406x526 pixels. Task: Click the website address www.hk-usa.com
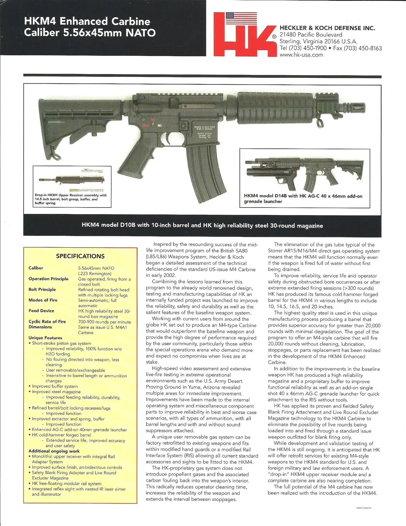click(x=301, y=55)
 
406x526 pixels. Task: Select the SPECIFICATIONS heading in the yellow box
click(x=80, y=256)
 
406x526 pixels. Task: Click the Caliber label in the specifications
click(x=36, y=268)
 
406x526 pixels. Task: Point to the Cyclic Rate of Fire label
click(x=47, y=322)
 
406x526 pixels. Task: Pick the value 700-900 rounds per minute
click(x=105, y=322)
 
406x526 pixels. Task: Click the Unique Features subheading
click(x=45, y=338)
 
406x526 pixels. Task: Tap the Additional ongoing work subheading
click(x=54, y=451)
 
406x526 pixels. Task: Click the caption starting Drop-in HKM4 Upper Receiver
click(x=70, y=199)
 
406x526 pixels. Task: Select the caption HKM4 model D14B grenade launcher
click(x=303, y=199)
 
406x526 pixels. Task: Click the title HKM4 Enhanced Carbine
click(x=87, y=22)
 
